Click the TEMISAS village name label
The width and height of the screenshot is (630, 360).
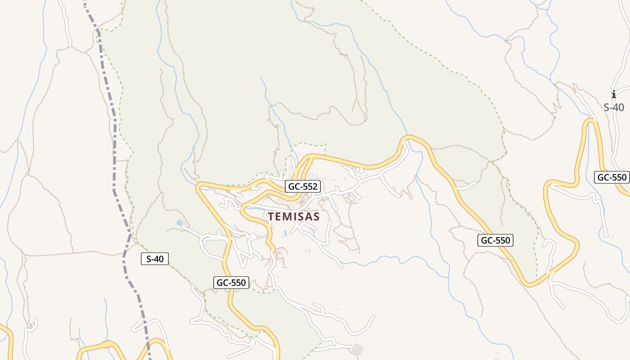[x=293, y=216]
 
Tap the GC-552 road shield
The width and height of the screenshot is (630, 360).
[x=303, y=186]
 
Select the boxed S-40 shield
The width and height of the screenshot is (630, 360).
[x=155, y=259]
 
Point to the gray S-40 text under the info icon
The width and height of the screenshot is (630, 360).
[x=613, y=108]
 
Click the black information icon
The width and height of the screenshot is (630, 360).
[x=613, y=94]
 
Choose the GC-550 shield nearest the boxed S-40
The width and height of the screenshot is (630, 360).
[x=231, y=283]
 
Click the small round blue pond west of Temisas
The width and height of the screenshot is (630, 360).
[x=180, y=223]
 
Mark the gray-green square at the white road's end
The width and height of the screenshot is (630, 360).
[x=358, y=349]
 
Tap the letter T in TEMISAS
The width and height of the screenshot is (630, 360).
[x=271, y=216]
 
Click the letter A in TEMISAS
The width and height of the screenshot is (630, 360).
[x=309, y=216]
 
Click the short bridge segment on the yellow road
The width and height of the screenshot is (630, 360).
[x=106, y=344]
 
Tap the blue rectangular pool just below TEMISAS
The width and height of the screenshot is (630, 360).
[x=285, y=233]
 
